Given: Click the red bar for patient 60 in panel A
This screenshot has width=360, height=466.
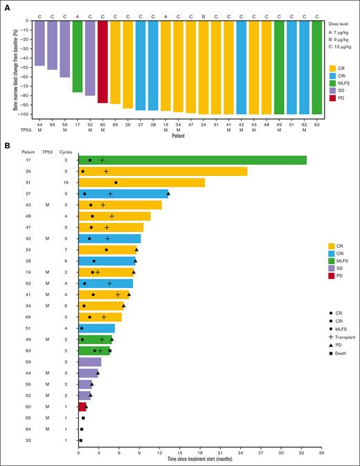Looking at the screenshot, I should (x=102, y=62).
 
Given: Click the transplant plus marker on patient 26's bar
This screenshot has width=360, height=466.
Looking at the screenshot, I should (x=106, y=171).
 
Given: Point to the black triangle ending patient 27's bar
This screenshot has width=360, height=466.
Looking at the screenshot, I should (x=168, y=194).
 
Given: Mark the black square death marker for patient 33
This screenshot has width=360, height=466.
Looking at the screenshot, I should (x=80, y=440).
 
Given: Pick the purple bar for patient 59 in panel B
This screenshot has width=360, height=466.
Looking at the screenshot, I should (x=90, y=362).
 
